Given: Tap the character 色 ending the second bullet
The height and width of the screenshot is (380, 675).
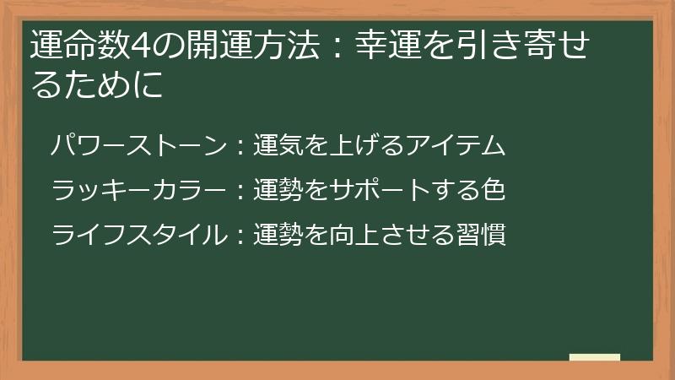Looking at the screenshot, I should coord(494,190).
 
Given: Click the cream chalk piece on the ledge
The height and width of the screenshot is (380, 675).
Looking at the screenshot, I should coord(595,357).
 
